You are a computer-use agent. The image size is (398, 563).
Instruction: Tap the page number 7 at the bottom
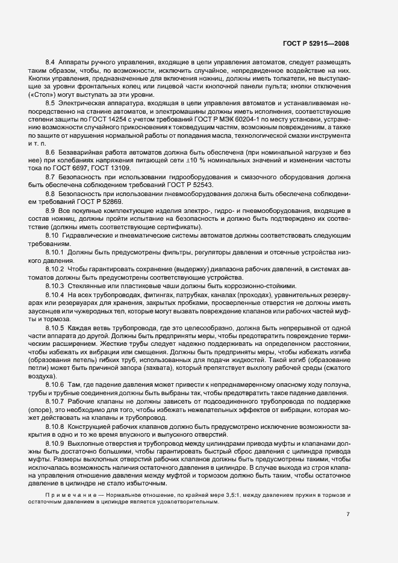[x=349, y=514]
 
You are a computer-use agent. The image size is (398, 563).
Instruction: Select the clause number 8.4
[x=51, y=63]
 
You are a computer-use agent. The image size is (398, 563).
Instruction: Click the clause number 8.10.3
[x=55, y=285]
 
